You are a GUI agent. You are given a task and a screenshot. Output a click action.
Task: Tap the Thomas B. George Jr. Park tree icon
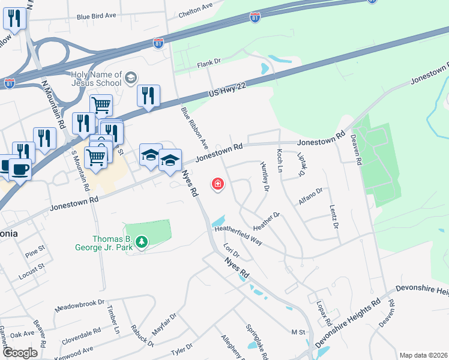coord(142,242)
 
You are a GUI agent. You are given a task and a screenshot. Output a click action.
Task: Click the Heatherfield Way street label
coord(239,233)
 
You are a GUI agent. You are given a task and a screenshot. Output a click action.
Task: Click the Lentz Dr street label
coord(334,217)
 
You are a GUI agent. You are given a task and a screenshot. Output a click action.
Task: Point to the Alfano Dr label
coord(311,196)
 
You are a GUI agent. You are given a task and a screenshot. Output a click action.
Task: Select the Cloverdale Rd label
coord(81,335)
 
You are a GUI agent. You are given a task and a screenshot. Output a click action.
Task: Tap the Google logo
coord(20,353)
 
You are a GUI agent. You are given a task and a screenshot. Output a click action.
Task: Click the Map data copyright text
coord(423,355)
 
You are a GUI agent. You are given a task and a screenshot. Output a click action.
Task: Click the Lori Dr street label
coord(231,250)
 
